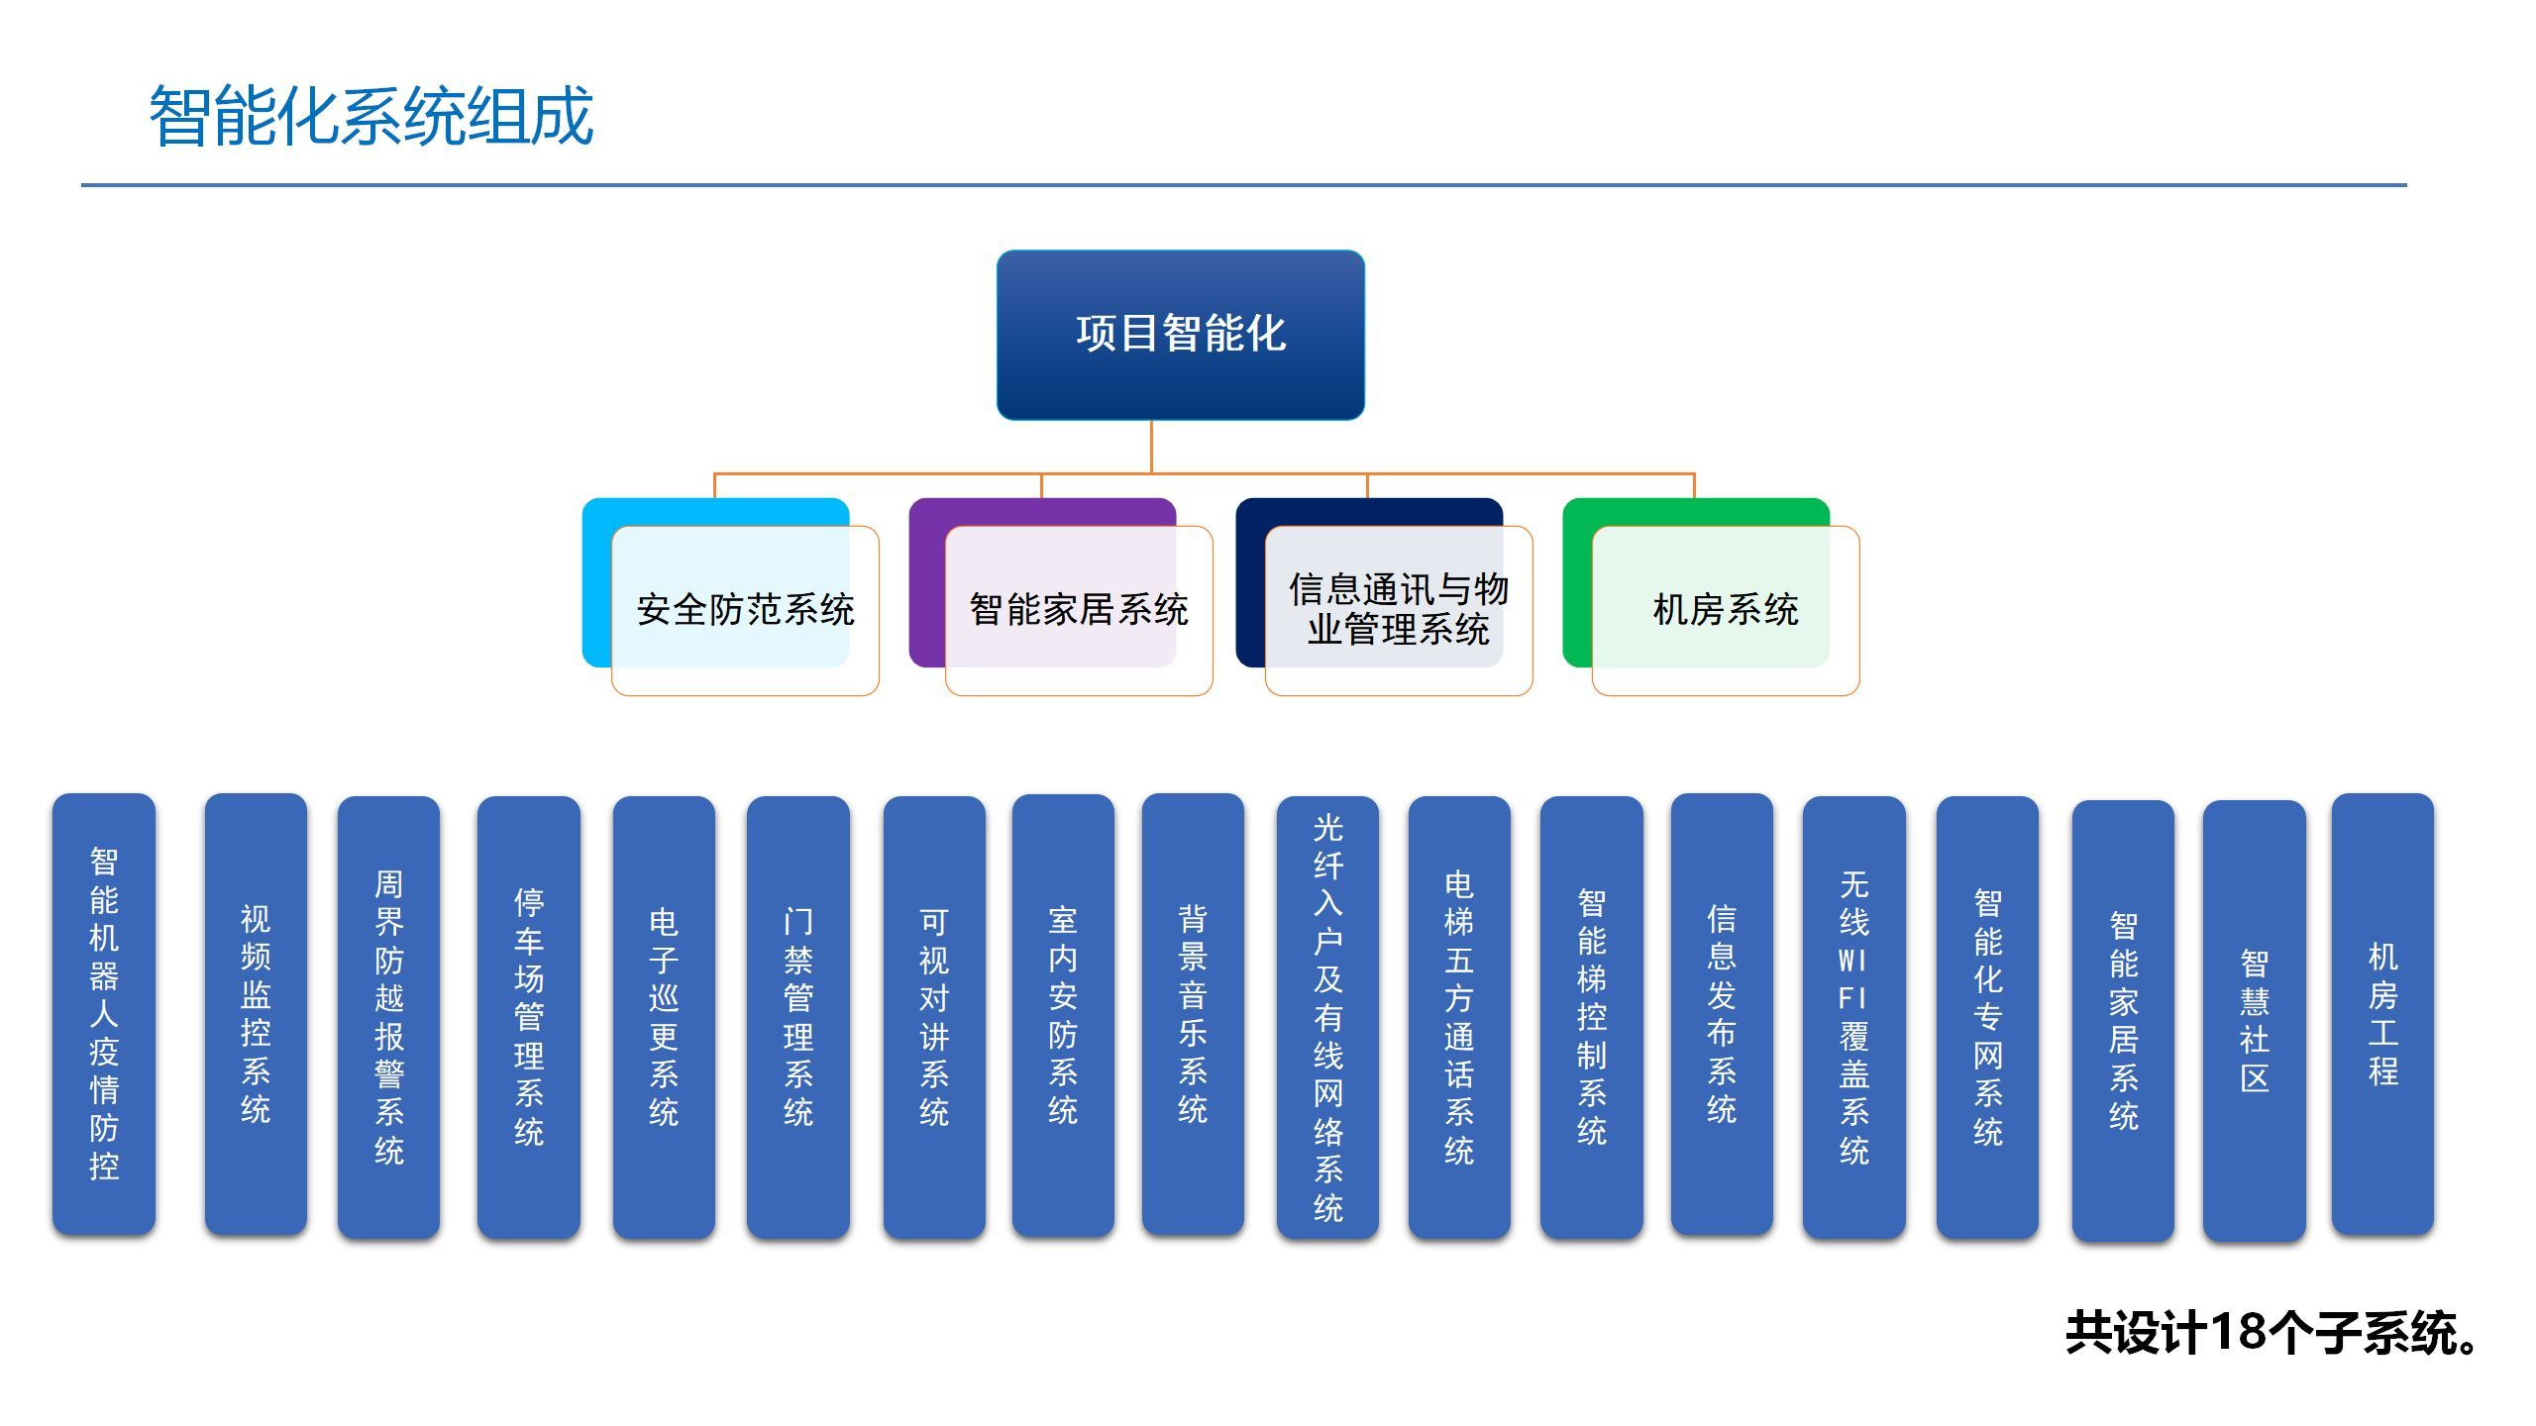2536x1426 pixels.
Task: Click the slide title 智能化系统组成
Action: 370,117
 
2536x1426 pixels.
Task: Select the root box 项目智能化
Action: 1180,335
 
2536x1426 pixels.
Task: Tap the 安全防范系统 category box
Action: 745,610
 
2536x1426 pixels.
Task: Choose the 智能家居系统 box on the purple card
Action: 1079,610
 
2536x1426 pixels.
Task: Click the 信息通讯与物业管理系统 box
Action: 1399,610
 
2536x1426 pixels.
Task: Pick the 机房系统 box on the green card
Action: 1726,610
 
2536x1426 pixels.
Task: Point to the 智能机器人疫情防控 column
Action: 104,1014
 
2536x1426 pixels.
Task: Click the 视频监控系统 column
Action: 256,1014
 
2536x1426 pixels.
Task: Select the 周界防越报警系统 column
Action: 388,1017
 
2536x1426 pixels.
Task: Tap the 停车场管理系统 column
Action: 529,1017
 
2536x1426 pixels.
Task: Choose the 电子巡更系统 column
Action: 664,1017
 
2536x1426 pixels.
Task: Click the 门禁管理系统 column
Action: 798,1017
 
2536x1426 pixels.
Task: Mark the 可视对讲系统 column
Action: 934,1017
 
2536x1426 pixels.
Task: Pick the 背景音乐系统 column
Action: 1193,1014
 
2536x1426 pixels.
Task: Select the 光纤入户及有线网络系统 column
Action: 1327,1017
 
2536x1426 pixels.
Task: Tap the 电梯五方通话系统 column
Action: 1459,1017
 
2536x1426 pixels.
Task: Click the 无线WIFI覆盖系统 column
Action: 1854,1017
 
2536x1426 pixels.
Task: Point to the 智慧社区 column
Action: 2255,1021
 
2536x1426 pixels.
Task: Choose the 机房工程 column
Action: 2382,1014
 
